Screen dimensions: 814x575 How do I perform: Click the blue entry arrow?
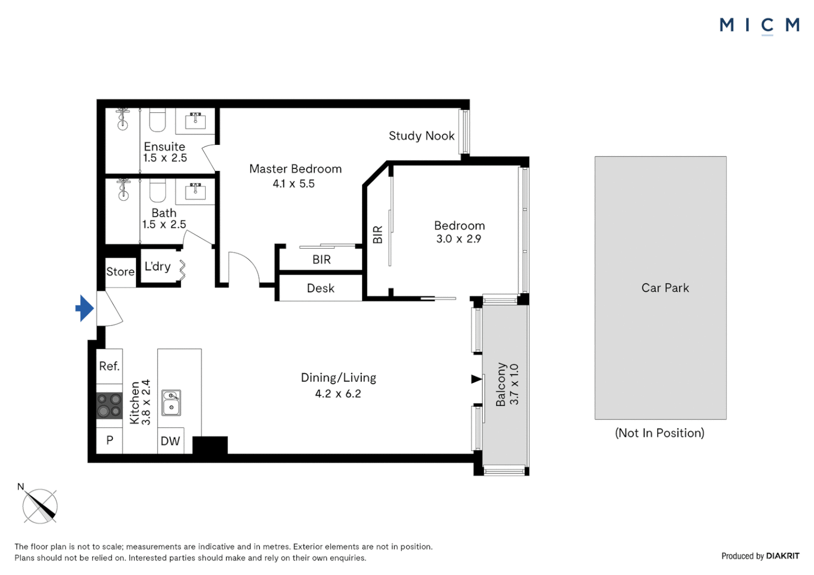coord(85,308)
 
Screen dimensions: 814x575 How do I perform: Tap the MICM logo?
coord(760,26)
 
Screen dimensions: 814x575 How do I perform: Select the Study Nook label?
coord(421,136)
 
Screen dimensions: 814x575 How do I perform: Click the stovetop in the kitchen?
coord(109,405)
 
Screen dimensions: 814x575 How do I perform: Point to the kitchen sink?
coord(171,403)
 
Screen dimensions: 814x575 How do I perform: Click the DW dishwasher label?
coord(170,441)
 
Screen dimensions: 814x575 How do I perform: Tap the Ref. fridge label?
coord(109,366)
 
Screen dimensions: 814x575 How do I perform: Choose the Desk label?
coord(321,288)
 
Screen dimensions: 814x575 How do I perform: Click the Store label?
coord(120,272)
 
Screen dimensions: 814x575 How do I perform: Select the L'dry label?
coord(157,266)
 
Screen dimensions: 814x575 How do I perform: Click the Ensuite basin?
coord(196,121)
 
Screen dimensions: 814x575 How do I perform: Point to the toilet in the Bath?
coord(158,190)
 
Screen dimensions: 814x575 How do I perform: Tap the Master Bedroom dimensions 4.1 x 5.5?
coord(294,184)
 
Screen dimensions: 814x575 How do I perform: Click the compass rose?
coord(39,505)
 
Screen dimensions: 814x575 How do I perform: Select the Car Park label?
coord(665,287)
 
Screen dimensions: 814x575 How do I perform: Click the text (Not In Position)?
coord(660,433)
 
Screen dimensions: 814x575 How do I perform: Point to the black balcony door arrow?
coord(476,379)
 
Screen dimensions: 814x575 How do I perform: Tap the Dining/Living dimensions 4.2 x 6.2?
coord(338,394)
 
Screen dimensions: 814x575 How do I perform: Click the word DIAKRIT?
coord(783,556)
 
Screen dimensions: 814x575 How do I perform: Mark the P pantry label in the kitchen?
coord(110,440)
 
